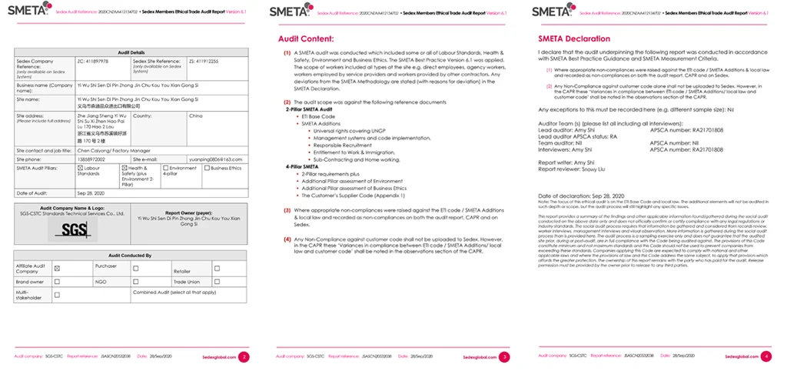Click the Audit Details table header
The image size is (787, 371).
[131, 52]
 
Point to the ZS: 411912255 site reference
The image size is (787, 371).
[204, 60]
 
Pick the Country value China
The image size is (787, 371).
[195, 115]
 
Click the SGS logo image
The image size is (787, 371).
[75, 229]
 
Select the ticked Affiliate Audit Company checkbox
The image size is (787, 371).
[58, 269]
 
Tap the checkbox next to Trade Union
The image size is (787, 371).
[217, 281]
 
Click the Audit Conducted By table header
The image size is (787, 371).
[131, 255]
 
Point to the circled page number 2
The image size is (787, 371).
[244, 356]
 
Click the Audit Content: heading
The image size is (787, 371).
[306, 38]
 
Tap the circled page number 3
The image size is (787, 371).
[503, 356]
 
